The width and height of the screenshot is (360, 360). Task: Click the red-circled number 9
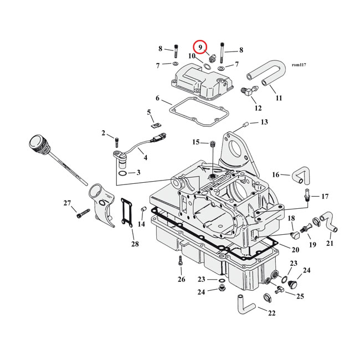point(199,48)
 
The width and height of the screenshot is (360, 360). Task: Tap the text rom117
point(299,65)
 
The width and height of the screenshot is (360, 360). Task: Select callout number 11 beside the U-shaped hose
point(279,98)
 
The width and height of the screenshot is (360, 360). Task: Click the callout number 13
point(264,122)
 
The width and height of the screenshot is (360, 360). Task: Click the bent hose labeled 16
point(300,176)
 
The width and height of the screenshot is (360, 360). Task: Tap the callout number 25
point(300,296)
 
